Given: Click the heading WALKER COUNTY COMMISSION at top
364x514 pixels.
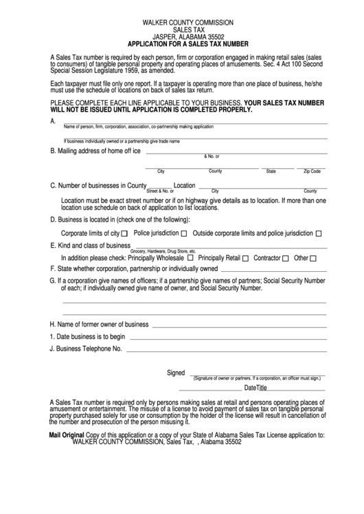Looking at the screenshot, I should point(183,23).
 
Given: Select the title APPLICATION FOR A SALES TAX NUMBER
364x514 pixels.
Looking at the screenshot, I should point(183,43).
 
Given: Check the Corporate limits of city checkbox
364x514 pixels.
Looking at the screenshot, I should point(124,234).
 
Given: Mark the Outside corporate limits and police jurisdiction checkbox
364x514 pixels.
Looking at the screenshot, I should point(318,234).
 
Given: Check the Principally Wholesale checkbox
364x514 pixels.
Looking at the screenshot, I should point(190,259).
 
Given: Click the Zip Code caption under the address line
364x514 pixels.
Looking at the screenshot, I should point(312,171).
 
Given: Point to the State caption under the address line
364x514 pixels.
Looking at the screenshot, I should point(271,171).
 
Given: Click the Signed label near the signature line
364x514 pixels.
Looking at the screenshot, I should point(177,373).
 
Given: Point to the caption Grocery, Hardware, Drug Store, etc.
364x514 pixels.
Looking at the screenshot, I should point(168,251).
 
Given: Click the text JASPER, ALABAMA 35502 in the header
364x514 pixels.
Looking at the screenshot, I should point(183,36).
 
